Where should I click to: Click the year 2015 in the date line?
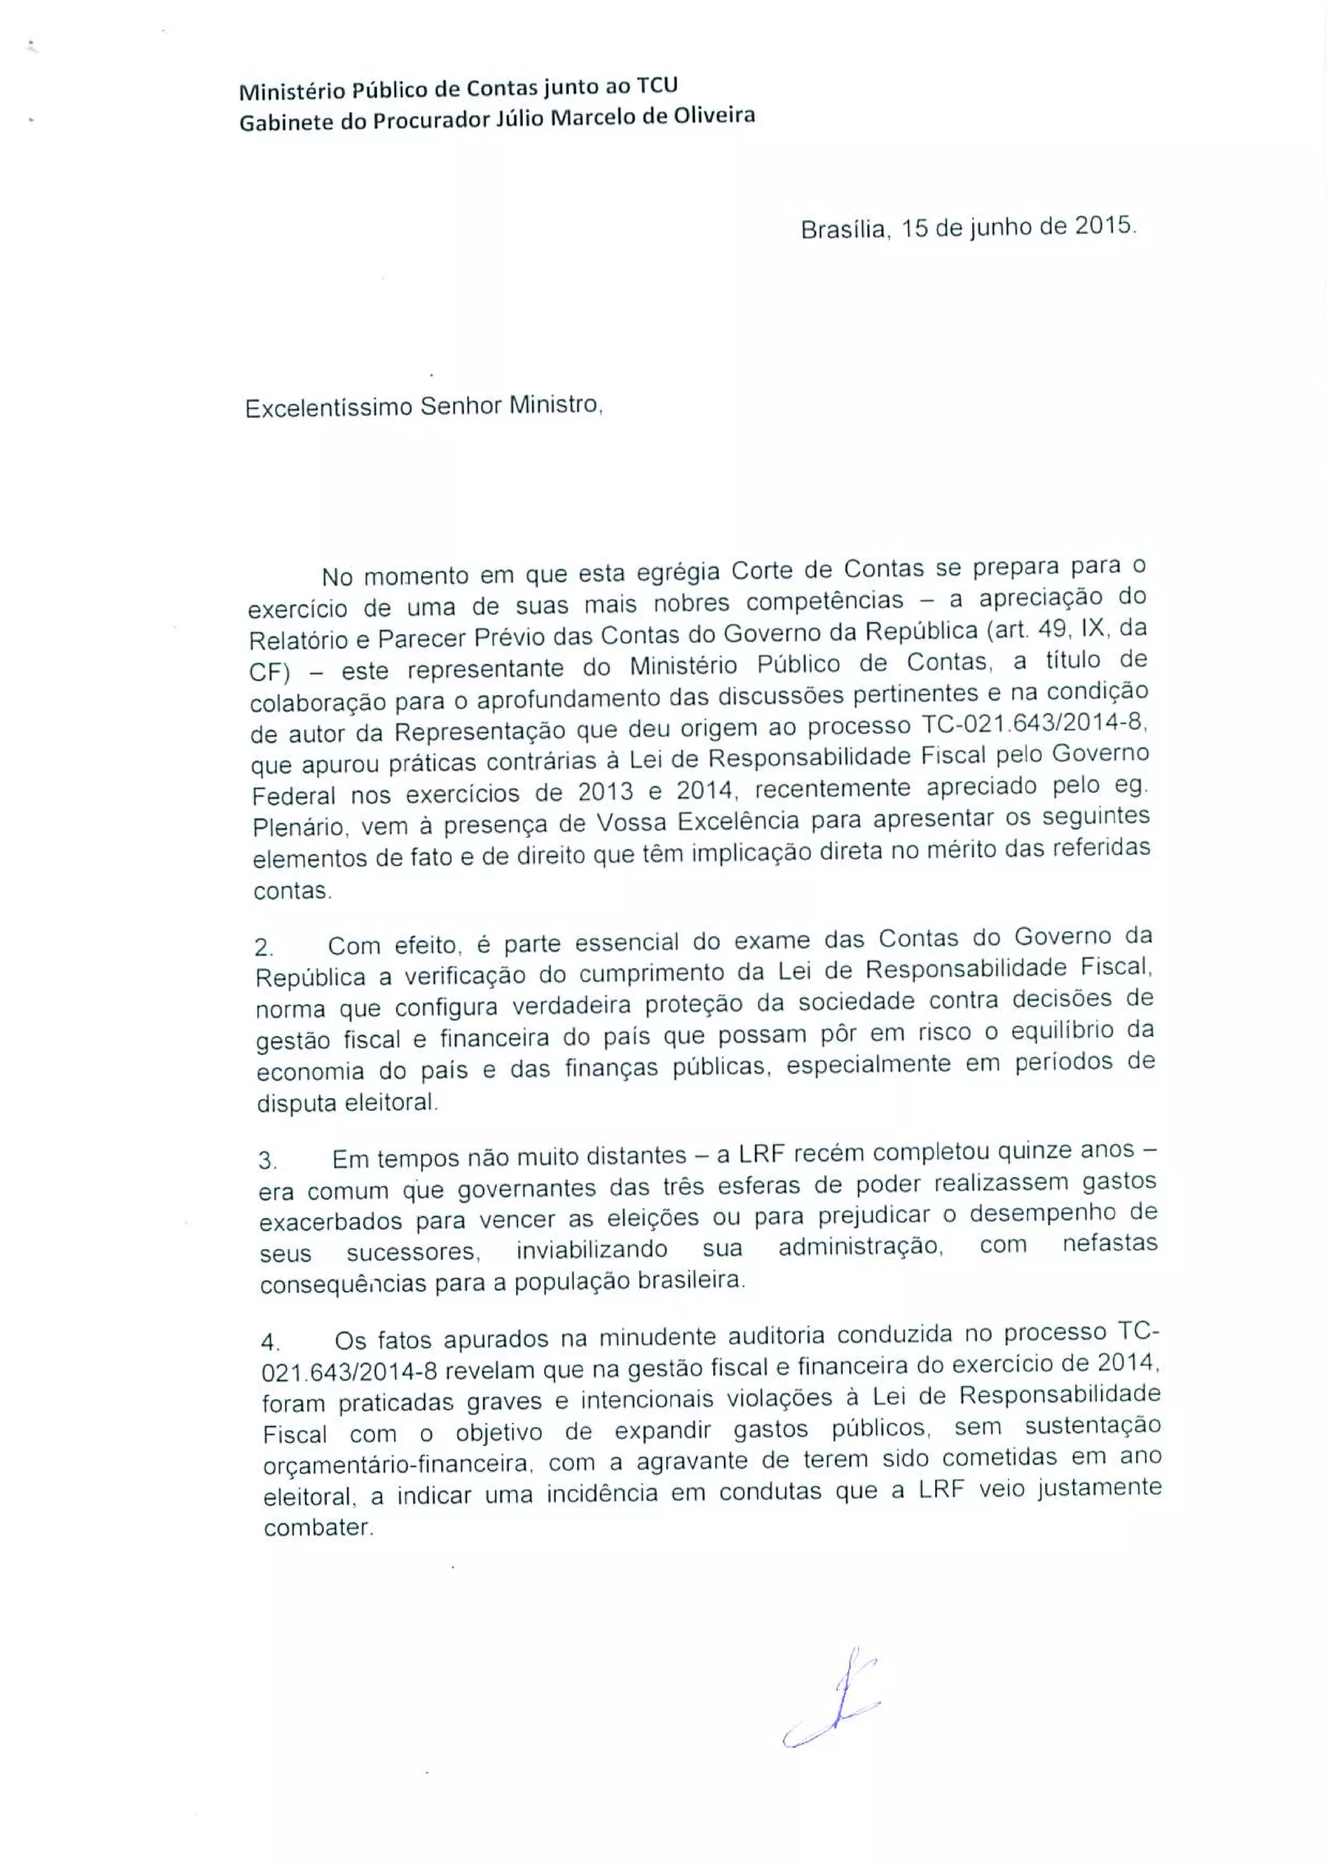1104,226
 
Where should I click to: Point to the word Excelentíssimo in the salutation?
329,408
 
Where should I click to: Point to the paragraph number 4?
270,1342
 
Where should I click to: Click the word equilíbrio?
1061,1031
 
